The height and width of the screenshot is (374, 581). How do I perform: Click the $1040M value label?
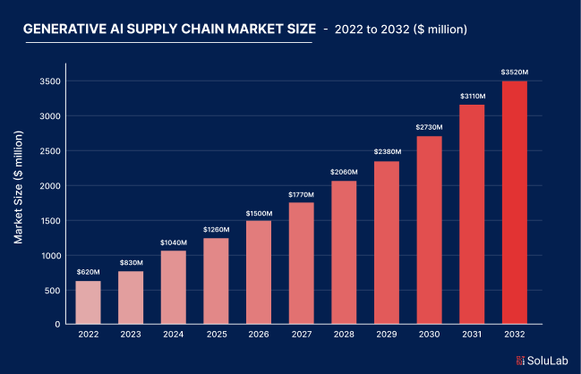(174, 242)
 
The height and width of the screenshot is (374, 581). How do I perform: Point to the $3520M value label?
(515, 72)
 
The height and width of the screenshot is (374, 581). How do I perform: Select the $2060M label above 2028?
(344, 172)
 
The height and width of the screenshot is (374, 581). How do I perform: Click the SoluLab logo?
(540, 360)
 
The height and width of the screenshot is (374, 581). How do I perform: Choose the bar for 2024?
(174, 287)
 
